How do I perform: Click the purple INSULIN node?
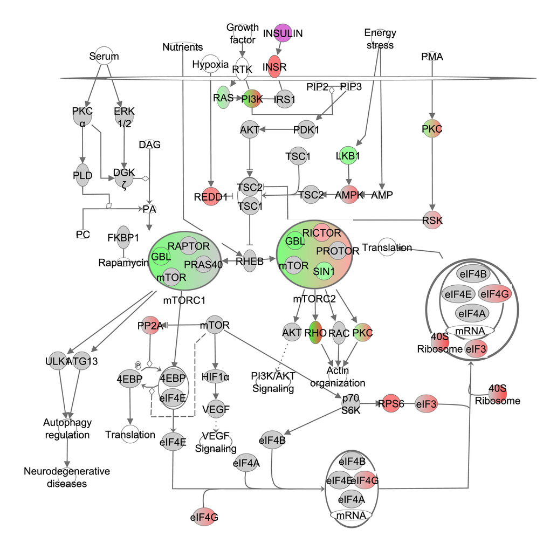283,33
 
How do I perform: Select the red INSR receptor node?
275,67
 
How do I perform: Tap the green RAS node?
223,98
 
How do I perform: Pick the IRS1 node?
285,100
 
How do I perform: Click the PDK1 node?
306,130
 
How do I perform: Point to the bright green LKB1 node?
348,156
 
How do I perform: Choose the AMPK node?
349,195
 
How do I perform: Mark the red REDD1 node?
210,197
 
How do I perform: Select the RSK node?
432,220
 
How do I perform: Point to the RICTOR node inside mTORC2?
321,233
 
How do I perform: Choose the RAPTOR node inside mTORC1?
189,246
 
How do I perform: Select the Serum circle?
104,56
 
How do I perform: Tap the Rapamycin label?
123,263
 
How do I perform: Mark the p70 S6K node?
350,403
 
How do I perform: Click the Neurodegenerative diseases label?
67,477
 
